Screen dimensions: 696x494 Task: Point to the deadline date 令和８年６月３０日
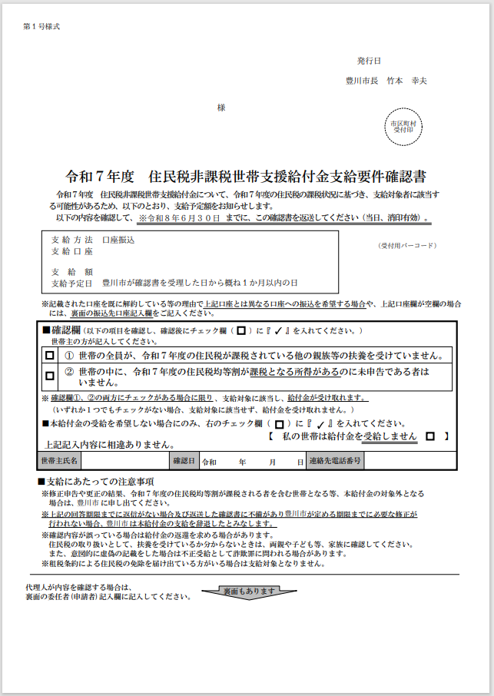tap(179, 218)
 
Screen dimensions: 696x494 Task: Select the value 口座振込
tap(118, 240)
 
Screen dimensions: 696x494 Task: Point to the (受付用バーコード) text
tap(406, 246)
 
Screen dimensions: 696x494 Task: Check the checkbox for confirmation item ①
tap(50, 356)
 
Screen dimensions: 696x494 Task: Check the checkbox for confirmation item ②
tap(50, 376)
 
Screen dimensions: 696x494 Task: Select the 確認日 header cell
tap(184, 461)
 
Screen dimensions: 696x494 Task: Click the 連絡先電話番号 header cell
tap(334, 461)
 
